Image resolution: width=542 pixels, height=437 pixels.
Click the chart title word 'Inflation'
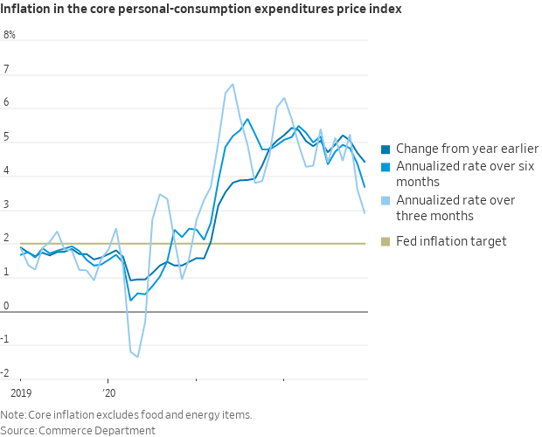pos(25,10)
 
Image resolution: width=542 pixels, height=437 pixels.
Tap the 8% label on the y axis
pos(10,35)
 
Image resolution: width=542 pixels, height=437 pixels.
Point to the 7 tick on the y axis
pos(7,69)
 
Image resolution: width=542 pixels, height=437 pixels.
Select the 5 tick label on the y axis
pos(7,137)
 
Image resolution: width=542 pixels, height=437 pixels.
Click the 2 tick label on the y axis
pos(7,239)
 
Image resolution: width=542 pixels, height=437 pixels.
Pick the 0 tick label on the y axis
pos(7,307)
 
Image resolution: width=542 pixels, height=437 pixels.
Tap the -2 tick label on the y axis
pos(9,374)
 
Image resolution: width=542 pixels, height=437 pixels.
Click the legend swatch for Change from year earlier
pos(386,149)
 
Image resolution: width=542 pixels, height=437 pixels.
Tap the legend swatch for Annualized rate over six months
pos(386,166)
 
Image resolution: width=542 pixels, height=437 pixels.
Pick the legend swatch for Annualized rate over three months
pos(386,200)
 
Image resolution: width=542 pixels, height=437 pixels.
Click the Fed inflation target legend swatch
pos(386,241)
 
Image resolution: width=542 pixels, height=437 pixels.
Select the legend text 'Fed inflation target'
pos(451,241)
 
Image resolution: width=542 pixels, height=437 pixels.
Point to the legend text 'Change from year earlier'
pos(467,149)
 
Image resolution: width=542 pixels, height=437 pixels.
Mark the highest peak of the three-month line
pos(233,85)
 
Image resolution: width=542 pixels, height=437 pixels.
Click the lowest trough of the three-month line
pos(137,357)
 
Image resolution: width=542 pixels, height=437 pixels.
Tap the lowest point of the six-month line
pos(131,300)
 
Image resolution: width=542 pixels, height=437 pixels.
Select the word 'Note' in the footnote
pos(12,414)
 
